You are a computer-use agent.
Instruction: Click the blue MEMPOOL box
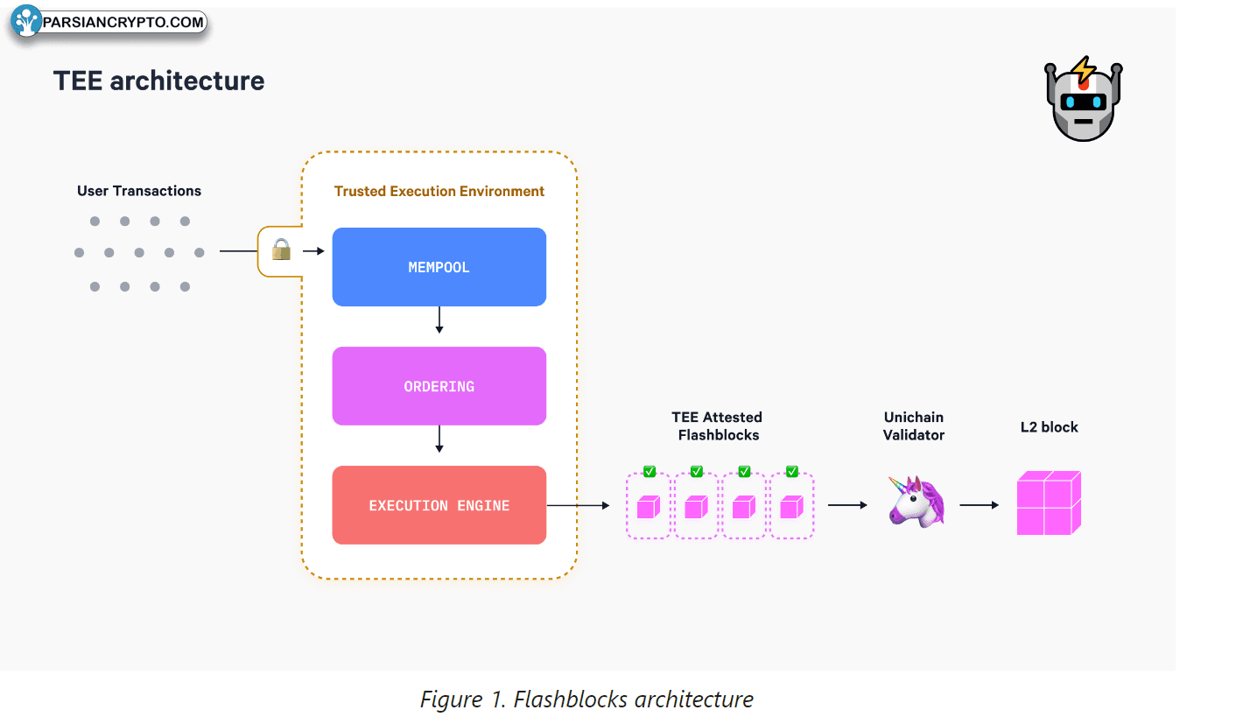click(x=439, y=267)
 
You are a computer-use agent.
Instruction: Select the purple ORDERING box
click(x=439, y=386)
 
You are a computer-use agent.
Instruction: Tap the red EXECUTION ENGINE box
click(x=439, y=505)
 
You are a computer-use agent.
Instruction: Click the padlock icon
click(x=280, y=251)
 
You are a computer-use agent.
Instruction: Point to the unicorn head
click(x=916, y=502)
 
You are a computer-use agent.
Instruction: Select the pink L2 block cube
click(x=1049, y=503)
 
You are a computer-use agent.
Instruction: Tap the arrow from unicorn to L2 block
click(x=979, y=505)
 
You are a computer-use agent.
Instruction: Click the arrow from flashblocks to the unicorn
click(x=846, y=505)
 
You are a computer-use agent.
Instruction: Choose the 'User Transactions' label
click(x=139, y=191)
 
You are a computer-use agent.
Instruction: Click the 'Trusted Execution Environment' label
click(x=439, y=191)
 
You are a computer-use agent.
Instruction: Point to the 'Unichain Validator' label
click(x=914, y=426)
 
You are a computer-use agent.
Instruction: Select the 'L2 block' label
click(x=1049, y=427)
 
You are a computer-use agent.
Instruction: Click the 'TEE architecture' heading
click(x=158, y=81)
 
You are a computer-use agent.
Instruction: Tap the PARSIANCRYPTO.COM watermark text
click(x=123, y=22)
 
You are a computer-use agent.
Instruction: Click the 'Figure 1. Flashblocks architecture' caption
click(x=586, y=699)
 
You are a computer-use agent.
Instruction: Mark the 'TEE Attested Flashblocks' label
click(x=718, y=426)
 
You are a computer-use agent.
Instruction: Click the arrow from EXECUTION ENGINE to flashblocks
click(x=578, y=505)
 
